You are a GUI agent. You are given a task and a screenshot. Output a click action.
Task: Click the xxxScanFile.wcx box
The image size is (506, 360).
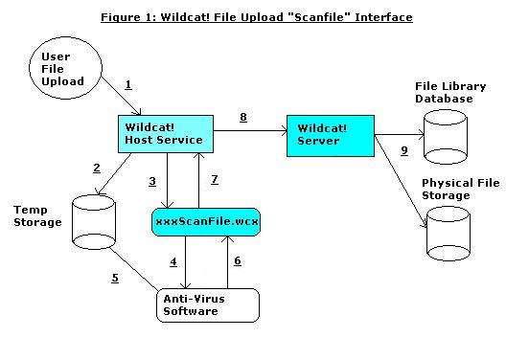tap(206, 223)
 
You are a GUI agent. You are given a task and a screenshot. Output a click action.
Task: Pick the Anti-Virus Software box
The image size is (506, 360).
tap(207, 304)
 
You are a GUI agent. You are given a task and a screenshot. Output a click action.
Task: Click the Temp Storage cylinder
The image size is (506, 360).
tap(94, 220)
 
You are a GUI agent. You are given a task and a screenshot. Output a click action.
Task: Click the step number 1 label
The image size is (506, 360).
tap(128, 86)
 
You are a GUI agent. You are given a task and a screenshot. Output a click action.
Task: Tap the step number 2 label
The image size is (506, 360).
tap(96, 169)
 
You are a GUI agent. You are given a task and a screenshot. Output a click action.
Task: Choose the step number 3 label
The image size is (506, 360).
tap(151, 181)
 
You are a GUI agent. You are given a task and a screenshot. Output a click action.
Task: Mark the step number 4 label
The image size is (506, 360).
tap(173, 261)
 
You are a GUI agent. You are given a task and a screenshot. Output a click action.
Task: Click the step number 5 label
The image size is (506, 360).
tap(114, 279)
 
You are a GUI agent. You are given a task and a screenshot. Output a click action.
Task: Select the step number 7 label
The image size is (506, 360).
tap(214, 180)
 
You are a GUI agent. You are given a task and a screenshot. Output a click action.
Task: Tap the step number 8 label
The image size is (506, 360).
tap(242, 117)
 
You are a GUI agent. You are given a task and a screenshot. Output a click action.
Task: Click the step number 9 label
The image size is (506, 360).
tap(404, 150)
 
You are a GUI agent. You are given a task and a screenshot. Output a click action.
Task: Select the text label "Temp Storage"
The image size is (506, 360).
tap(37, 215)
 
